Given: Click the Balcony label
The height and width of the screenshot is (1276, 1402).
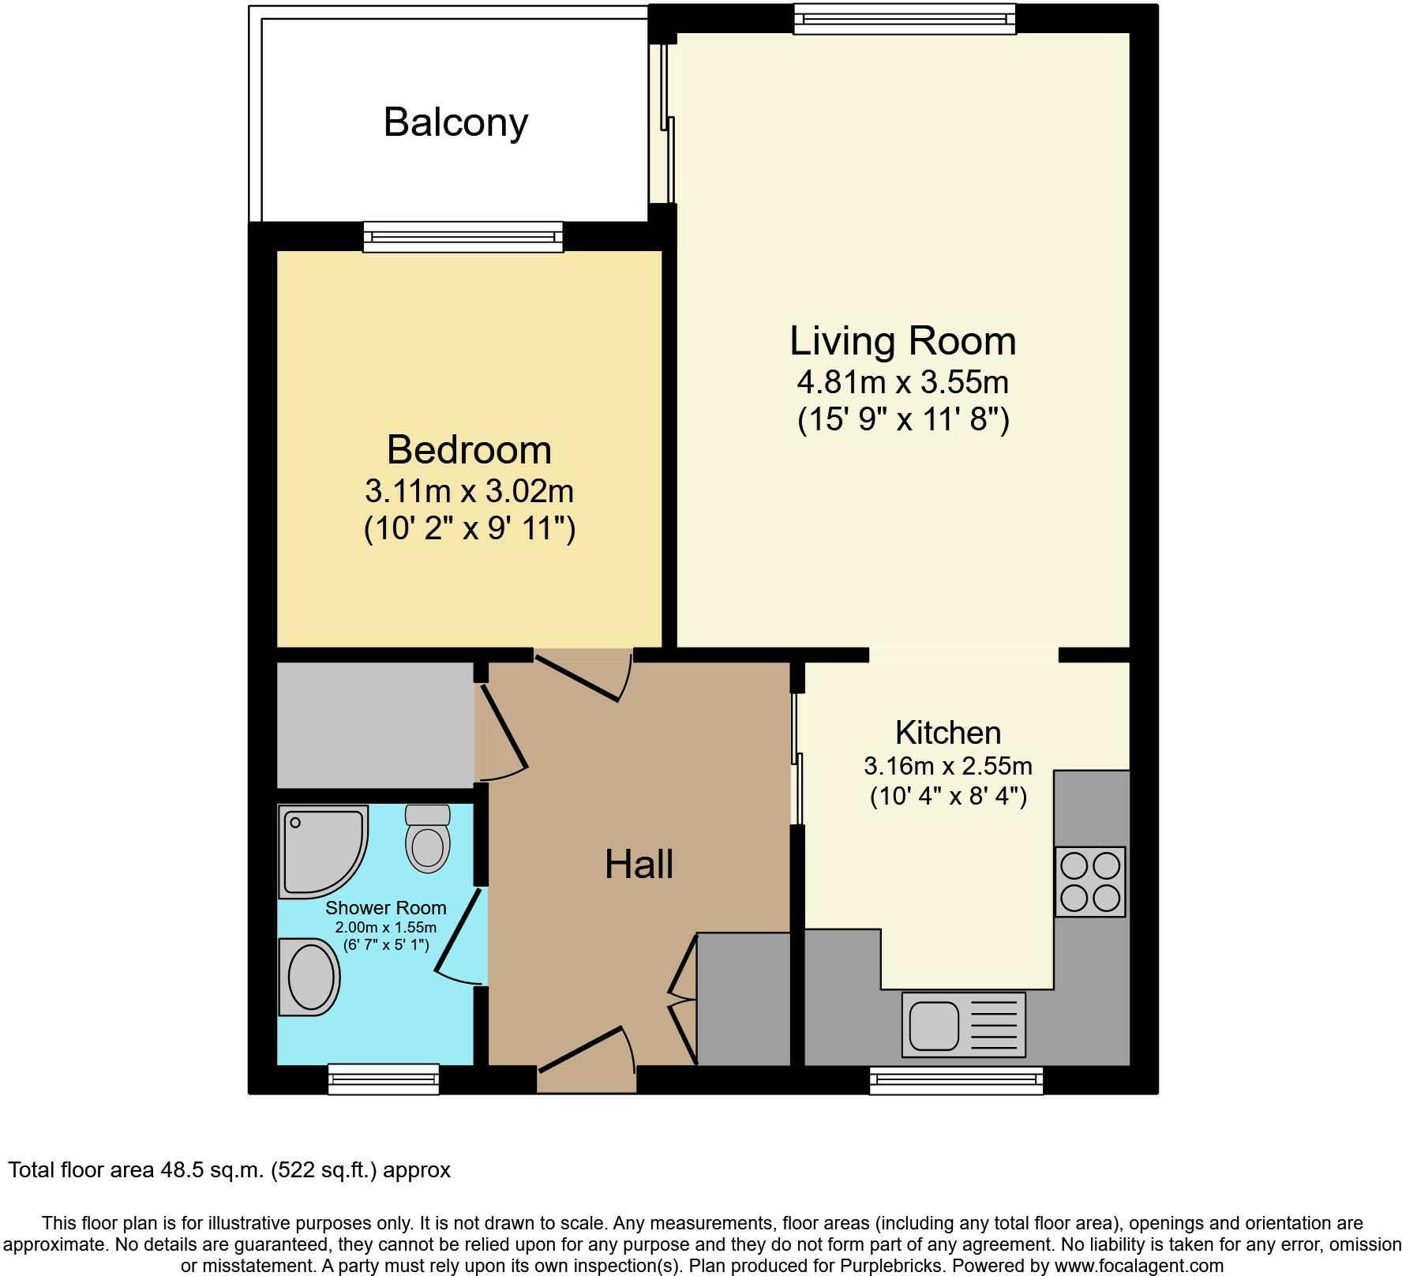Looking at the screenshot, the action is tap(455, 123).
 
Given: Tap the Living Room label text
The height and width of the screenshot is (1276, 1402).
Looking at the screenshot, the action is tap(903, 341).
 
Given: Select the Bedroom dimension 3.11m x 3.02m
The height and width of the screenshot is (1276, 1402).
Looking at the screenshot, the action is tap(469, 492).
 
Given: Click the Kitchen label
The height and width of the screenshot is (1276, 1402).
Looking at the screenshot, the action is tap(948, 733).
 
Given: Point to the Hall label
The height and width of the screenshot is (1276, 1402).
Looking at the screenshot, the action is tap(639, 865).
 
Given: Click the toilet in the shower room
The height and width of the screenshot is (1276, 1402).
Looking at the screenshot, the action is tap(427, 839).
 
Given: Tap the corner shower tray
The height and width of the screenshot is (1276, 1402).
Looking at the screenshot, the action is tap(324, 852).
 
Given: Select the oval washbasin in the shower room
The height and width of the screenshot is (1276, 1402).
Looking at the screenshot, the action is tap(309, 977).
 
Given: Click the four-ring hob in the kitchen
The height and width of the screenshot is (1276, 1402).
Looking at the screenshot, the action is tap(1090, 882).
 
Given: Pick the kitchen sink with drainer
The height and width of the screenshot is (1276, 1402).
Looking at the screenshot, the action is tap(963, 1024).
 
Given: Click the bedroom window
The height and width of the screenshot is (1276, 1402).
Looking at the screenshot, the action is tap(463, 237).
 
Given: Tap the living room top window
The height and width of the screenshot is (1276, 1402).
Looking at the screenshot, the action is tap(904, 19).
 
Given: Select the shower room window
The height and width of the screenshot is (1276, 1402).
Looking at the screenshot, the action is tap(384, 1079).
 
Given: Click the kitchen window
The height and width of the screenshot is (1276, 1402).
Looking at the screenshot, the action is tap(956, 1080).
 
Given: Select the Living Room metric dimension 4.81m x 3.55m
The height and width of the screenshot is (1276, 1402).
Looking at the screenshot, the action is tap(903, 383).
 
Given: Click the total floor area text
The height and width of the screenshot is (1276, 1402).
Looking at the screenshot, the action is tap(229, 1169).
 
